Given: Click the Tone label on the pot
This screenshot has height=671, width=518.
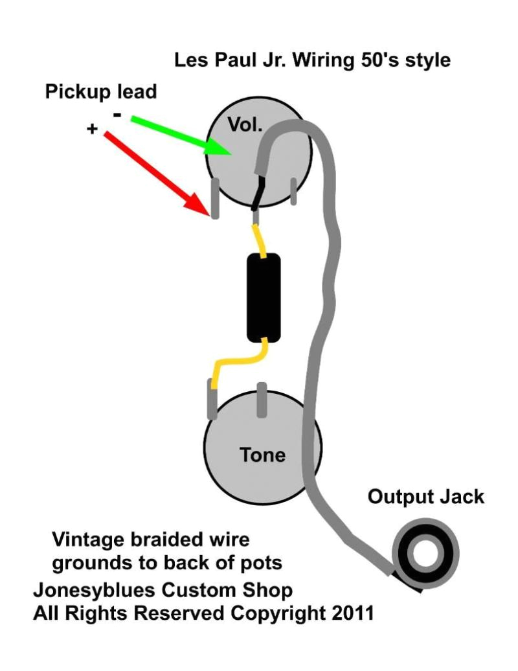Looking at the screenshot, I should pos(262,455).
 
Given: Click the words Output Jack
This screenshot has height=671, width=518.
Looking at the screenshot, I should pos(425,497).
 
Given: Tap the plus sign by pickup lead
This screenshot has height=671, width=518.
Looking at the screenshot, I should pos(92,130).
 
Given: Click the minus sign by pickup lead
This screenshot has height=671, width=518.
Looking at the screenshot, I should pos(117,115).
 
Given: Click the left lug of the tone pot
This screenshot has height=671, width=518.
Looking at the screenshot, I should pos(211,400).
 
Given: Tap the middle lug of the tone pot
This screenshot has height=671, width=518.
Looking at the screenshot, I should pos(262,400).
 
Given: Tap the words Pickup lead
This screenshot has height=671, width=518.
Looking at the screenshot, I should pos(100,92).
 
